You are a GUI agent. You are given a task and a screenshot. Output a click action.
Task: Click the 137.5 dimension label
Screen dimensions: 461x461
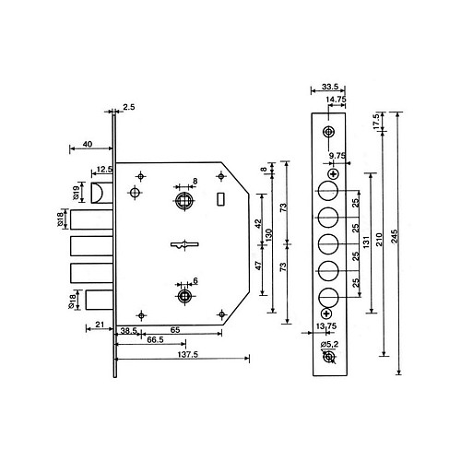(x=188, y=354)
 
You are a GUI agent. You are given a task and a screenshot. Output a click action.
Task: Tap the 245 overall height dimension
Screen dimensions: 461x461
(x=395, y=236)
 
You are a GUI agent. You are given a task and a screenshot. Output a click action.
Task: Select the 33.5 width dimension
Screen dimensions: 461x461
(x=330, y=87)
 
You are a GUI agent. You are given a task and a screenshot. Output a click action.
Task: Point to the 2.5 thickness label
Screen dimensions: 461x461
(x=129, y=107)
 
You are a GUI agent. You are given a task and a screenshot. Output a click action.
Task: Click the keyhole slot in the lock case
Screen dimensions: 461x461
(x=184, y=245)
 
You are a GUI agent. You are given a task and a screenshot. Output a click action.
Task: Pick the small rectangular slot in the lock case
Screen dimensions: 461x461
(x=220, y=199)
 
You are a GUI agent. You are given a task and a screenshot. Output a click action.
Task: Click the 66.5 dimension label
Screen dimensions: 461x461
(x=155, y=339)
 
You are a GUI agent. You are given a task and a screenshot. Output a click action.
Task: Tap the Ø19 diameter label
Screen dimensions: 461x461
(x=76, y=193)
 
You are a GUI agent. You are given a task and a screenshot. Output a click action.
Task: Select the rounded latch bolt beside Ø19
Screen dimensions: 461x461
(x=101, y=193)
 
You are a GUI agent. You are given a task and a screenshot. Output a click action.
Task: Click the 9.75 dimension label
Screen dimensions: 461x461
(x=337, y=156)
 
